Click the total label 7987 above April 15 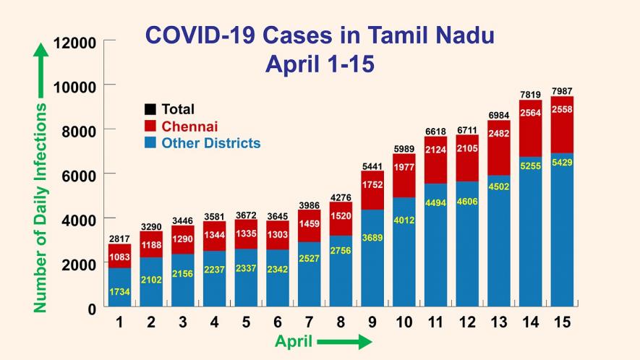pos(561,91)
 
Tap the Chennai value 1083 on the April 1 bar pos(120,256)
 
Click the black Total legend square pos(150,110)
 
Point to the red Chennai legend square pos(150,127)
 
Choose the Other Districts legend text pos(210,143)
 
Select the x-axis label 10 pos(404,322)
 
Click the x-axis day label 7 pos(310,322)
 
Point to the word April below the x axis pos(294,342)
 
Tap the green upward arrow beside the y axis pos(41,69)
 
